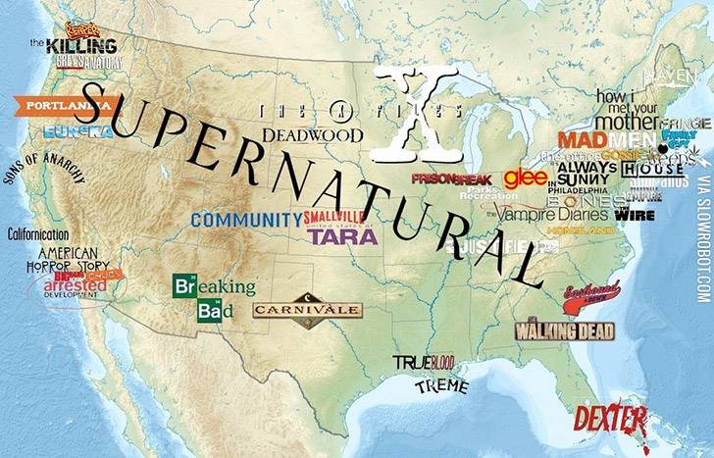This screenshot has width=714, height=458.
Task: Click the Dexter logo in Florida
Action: point(610,420)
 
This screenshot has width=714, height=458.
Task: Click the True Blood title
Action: point(425,363)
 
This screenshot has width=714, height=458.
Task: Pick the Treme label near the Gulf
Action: point(440,385)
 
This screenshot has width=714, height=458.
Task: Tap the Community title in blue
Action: point(246,220)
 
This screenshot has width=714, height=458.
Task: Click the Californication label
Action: point(38,234)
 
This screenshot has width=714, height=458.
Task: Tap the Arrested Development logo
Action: point(75,286)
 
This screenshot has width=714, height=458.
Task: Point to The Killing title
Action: point(74,45)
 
